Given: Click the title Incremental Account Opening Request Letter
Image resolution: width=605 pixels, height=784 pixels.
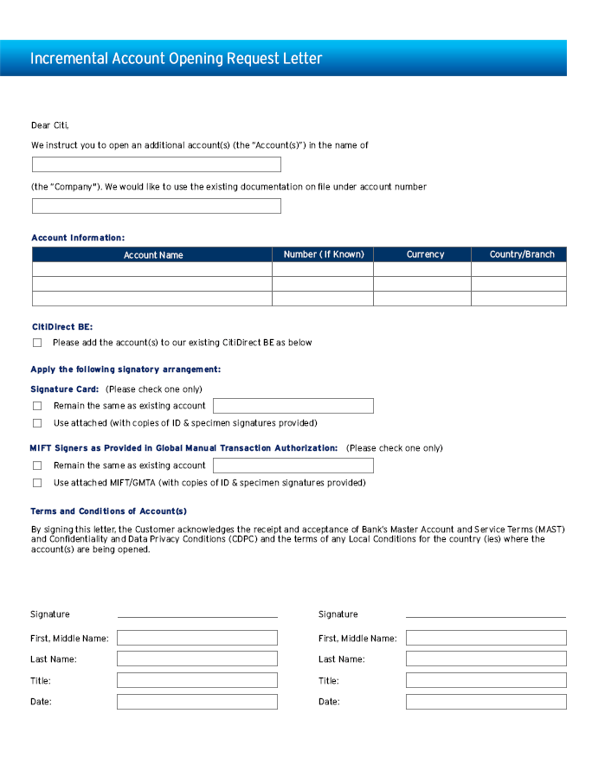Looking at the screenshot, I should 176,59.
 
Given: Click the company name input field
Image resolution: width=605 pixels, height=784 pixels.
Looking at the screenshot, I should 157,164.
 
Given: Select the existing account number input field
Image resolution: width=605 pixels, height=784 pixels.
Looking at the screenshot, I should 157,206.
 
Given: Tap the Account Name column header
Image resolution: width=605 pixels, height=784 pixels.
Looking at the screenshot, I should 153,254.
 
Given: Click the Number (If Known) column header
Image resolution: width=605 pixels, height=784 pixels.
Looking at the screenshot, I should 324,254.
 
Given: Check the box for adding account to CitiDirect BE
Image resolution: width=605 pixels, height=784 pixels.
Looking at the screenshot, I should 37,343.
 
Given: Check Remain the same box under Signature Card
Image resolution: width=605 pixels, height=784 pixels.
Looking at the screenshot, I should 37,406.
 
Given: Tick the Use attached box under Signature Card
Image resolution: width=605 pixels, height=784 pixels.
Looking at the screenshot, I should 37,423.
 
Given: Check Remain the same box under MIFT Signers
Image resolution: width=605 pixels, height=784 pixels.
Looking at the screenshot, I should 37,466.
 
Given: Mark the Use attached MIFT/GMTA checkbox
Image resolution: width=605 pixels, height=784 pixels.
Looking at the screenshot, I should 37,483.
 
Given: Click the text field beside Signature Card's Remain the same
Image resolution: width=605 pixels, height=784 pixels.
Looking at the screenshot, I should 293,406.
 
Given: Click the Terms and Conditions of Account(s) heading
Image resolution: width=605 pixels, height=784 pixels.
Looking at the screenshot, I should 109,511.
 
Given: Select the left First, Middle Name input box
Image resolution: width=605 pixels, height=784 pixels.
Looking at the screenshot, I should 197,638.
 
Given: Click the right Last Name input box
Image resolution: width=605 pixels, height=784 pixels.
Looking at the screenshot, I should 486,659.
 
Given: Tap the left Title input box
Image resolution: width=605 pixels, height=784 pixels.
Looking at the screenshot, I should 197,680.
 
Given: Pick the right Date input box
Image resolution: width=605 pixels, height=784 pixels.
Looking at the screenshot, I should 486,702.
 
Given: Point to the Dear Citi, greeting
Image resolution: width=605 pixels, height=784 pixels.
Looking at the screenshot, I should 49,125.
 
